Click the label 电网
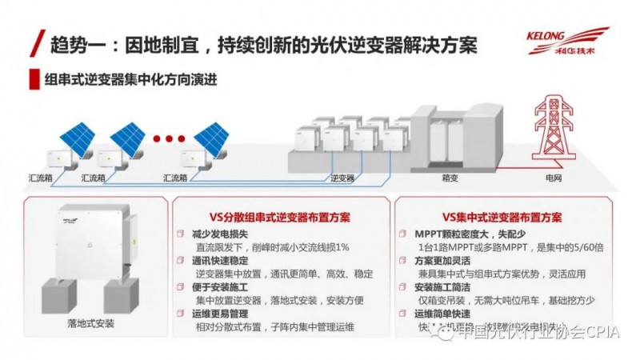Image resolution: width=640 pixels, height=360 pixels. pos(553,177)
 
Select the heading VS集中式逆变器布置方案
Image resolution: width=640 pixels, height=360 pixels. pos(502,217)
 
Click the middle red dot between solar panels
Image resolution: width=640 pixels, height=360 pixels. pos(169,138)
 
